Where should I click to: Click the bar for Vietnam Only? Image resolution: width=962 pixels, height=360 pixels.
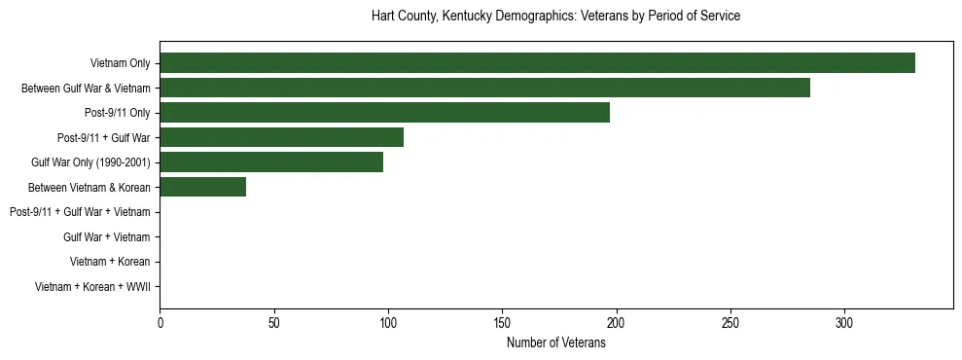(537, 63)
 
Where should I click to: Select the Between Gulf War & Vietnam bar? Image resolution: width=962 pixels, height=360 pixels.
(484, 88)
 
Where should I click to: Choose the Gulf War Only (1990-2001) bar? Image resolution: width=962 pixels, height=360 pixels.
(271, 162)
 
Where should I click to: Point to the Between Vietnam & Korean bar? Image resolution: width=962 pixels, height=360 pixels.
(202, 187)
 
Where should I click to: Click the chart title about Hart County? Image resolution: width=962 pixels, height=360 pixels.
(555, 17)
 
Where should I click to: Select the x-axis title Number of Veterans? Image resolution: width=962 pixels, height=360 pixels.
(555, 342)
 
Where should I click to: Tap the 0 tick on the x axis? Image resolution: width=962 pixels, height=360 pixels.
(160, 323)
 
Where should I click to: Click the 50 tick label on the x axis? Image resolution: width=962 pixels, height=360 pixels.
(273, 323)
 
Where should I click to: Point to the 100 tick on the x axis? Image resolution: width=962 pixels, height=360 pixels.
(388, 323)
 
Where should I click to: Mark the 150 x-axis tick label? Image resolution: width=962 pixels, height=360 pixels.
(502, 323)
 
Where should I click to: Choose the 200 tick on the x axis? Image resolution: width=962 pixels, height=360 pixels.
(616, 323)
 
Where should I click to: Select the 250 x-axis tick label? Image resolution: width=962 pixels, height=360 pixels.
(730, 323)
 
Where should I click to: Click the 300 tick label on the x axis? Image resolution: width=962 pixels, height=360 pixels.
(844, 323)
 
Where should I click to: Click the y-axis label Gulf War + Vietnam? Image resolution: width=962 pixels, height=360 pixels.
(107, 237)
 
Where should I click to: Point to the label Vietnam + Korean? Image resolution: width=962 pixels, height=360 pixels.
(110, 262)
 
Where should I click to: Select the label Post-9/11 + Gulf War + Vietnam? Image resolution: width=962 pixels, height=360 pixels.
(80, 212)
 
